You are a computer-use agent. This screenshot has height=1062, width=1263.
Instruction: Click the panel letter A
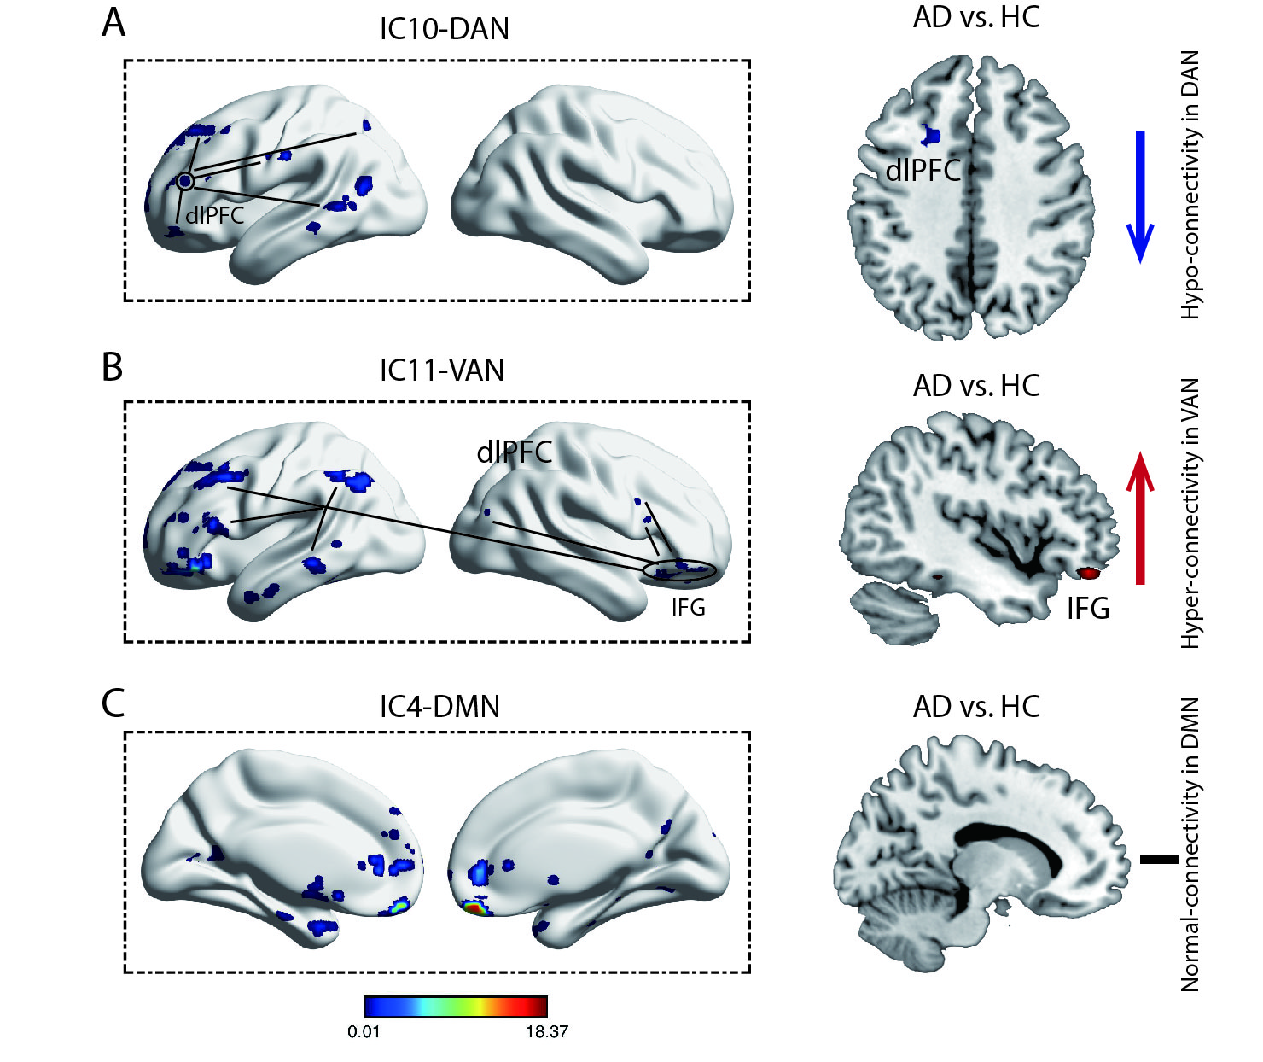point(113,23)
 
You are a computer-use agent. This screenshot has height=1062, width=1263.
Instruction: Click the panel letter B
point(113,367)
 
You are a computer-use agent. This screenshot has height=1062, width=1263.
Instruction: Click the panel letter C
point(113,703)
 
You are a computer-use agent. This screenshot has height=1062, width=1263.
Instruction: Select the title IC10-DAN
point(444,29)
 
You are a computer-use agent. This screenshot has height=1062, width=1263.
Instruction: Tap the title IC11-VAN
point(441,371)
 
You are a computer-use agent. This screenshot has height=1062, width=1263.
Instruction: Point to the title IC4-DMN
point(439,707)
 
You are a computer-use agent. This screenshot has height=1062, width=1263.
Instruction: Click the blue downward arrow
point(1140,196)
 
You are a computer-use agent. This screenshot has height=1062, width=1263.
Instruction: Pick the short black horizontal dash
point(1158,859)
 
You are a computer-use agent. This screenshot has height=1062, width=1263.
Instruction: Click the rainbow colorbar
point(455,1007)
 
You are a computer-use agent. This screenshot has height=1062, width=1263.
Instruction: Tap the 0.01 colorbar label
point(364,1032)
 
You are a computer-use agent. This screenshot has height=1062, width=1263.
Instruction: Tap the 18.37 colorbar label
point(546,1032)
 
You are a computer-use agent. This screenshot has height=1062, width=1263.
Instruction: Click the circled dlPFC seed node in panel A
point(186,181)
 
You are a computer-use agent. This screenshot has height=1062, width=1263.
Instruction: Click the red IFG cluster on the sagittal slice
point(1088,574)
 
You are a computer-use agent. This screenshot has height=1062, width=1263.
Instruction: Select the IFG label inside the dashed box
point(688,608)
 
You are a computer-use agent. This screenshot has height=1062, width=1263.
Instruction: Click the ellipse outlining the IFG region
point(680,571)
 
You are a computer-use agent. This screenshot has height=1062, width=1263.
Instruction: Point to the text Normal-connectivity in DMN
point(1190,844)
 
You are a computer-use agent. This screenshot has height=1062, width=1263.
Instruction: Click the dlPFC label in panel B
point(515,452)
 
